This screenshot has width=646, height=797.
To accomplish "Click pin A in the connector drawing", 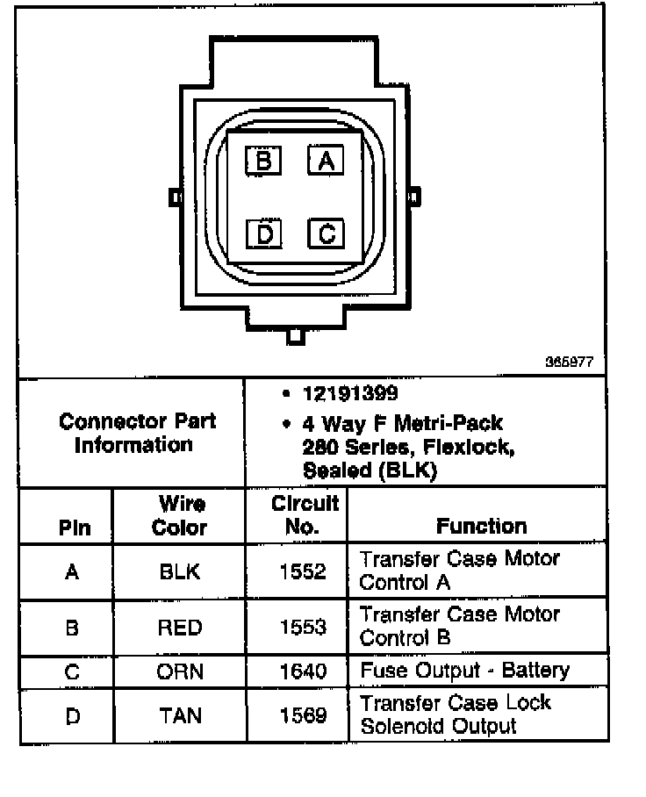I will point(325,161).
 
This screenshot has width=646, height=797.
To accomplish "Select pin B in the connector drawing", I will point(262,161).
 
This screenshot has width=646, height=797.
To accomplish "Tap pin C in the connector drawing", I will point(325,233).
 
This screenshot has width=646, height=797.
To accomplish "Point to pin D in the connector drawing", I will point(262,233).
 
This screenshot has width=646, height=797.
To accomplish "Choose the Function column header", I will point(481,526).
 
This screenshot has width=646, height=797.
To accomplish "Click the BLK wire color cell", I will point(179,571).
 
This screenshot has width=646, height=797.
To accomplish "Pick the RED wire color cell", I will point(179,628).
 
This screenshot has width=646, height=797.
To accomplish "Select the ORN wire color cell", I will point(179,671).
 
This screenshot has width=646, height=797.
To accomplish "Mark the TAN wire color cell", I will point(179,715).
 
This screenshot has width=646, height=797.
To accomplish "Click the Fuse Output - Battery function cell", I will point(464,671).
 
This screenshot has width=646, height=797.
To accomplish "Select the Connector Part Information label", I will point(137,433).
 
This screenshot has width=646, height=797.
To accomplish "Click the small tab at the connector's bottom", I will point(296,336).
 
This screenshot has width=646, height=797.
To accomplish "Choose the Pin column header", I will point(74,528).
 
